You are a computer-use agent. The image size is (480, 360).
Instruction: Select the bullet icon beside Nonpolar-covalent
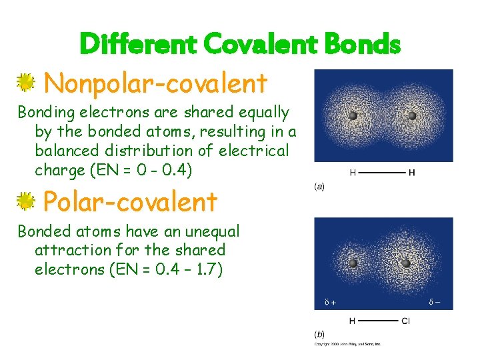[26, 83]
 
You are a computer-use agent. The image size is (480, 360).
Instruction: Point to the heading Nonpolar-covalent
[155, 84]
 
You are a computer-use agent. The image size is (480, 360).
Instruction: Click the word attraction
[73, 250]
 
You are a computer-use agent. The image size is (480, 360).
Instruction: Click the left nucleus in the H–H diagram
[353, 116]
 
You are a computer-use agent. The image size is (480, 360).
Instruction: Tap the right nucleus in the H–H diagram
[412, 116]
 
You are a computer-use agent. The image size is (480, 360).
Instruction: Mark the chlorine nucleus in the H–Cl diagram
[406, 263]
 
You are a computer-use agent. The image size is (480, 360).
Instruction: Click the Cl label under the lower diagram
[406, 321]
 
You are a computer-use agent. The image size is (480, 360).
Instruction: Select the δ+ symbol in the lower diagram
[330, 303]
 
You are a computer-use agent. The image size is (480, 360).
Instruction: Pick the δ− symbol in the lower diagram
[434, 303]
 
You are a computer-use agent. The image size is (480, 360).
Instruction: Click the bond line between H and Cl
[378, 321]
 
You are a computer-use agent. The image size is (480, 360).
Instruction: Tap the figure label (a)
[319, 187]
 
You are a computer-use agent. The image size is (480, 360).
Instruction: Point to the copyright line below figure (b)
[347, 345]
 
